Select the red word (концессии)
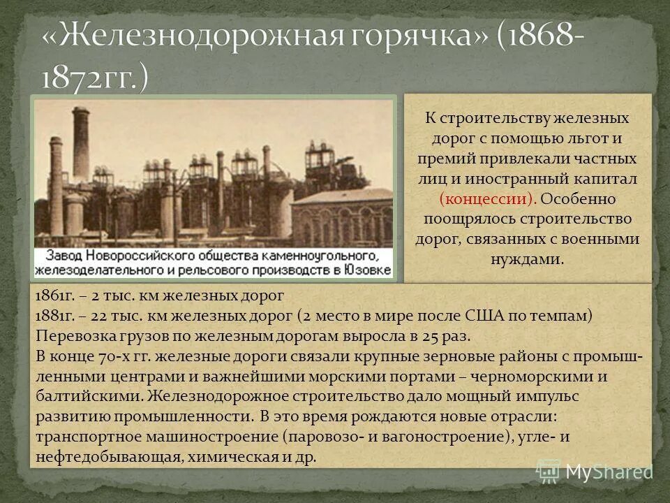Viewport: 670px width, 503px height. pos(487,198)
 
